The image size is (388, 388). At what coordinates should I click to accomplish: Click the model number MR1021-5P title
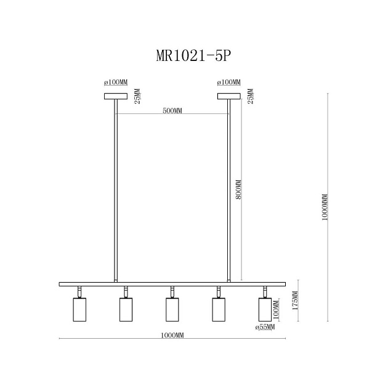(193, 56)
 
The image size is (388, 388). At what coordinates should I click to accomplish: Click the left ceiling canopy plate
(115, 96)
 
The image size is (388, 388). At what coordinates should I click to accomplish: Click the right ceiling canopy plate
(228, 96)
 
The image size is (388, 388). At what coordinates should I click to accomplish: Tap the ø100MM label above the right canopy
(228, 83)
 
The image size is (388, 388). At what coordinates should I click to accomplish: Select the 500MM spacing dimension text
(172, 111)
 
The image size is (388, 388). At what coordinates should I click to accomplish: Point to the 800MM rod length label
(239, 190)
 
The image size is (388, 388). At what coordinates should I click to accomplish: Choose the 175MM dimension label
(295, 302)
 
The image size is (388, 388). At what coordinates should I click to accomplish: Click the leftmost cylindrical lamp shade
(79, 309)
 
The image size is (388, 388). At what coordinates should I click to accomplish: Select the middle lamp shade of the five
(172, 309)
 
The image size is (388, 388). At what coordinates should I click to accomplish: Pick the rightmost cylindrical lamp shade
(265, 309)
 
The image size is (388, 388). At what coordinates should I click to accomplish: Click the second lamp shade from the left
(126, 309)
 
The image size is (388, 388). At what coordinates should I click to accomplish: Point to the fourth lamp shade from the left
(218, 309)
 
